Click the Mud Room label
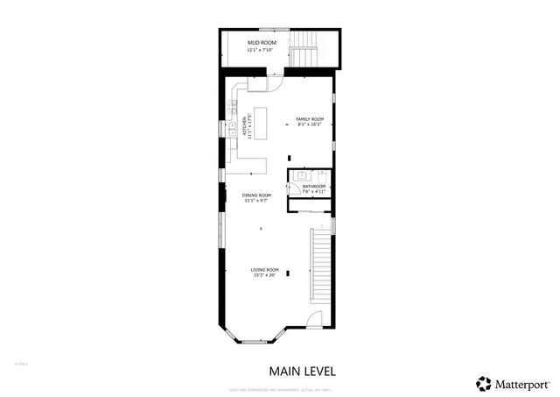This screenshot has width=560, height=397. [x=262, y=42]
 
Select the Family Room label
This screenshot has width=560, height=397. [x=310, y=119]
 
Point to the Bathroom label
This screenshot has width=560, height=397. [x=314, y=186]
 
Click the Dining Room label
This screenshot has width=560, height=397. [x=257, y=195]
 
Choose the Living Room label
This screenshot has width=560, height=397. [x=264, y=269]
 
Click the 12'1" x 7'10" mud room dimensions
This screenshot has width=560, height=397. [x=262, y=50]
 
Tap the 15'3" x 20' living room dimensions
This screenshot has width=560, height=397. [x=264, y=275]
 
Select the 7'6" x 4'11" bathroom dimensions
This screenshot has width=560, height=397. [x=314, y=192]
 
